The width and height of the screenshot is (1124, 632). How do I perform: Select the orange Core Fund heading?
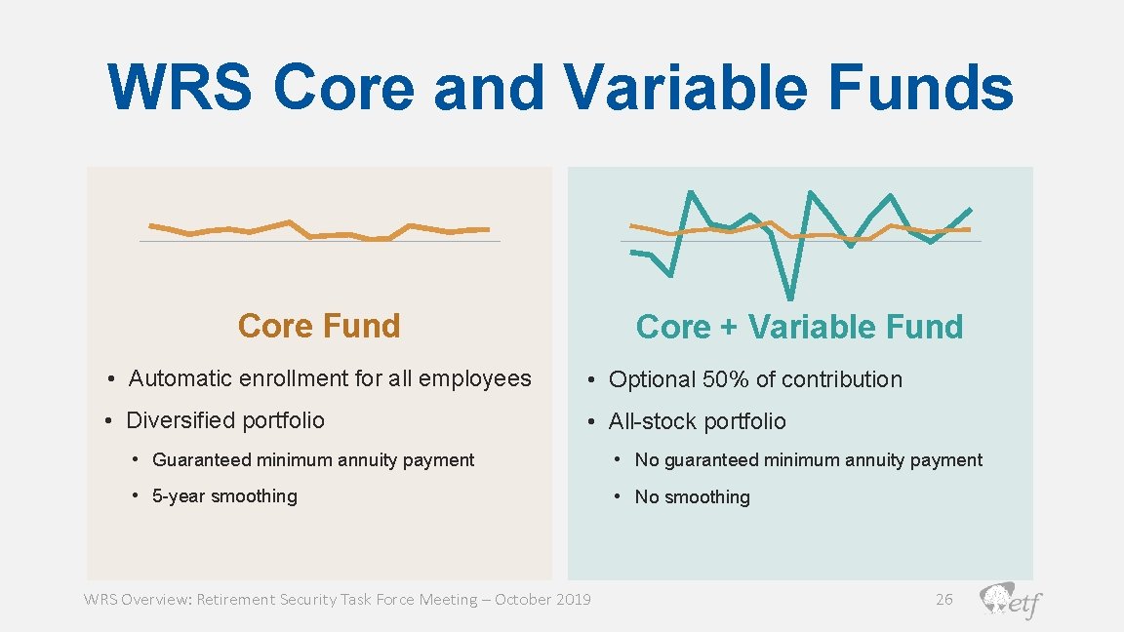pos(319,326)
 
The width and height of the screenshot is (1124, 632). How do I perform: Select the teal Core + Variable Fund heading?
pos(799,327)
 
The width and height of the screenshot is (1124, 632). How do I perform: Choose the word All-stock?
pos(648,421)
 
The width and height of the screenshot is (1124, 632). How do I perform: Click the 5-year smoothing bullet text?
pos(224,496)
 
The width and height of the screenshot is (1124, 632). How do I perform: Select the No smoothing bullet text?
pos(692,497)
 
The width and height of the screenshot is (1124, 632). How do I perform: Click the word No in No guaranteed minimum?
pos(647,460)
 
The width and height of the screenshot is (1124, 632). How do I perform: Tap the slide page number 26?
pos(943,599)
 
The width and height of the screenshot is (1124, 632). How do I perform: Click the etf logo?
pos(1011,601)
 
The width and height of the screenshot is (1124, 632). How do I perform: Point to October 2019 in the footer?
pos(542,599)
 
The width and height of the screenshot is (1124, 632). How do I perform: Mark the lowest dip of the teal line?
pos(789,296)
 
